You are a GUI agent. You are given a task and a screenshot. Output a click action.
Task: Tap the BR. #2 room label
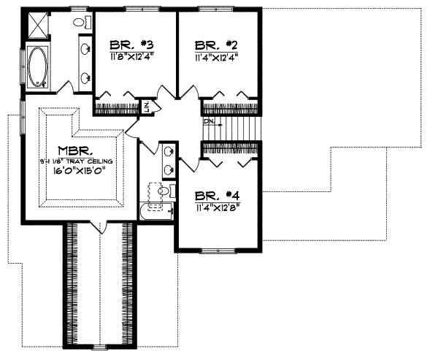coord(217,42)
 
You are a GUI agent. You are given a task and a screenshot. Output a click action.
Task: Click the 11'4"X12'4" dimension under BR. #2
coord(217,55)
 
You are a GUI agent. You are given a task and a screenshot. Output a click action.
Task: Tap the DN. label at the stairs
coord(209,120)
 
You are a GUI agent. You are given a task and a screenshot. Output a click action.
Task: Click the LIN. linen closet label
coord(147,107)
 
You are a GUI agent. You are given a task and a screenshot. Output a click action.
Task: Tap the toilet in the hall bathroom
coord(164,192)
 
